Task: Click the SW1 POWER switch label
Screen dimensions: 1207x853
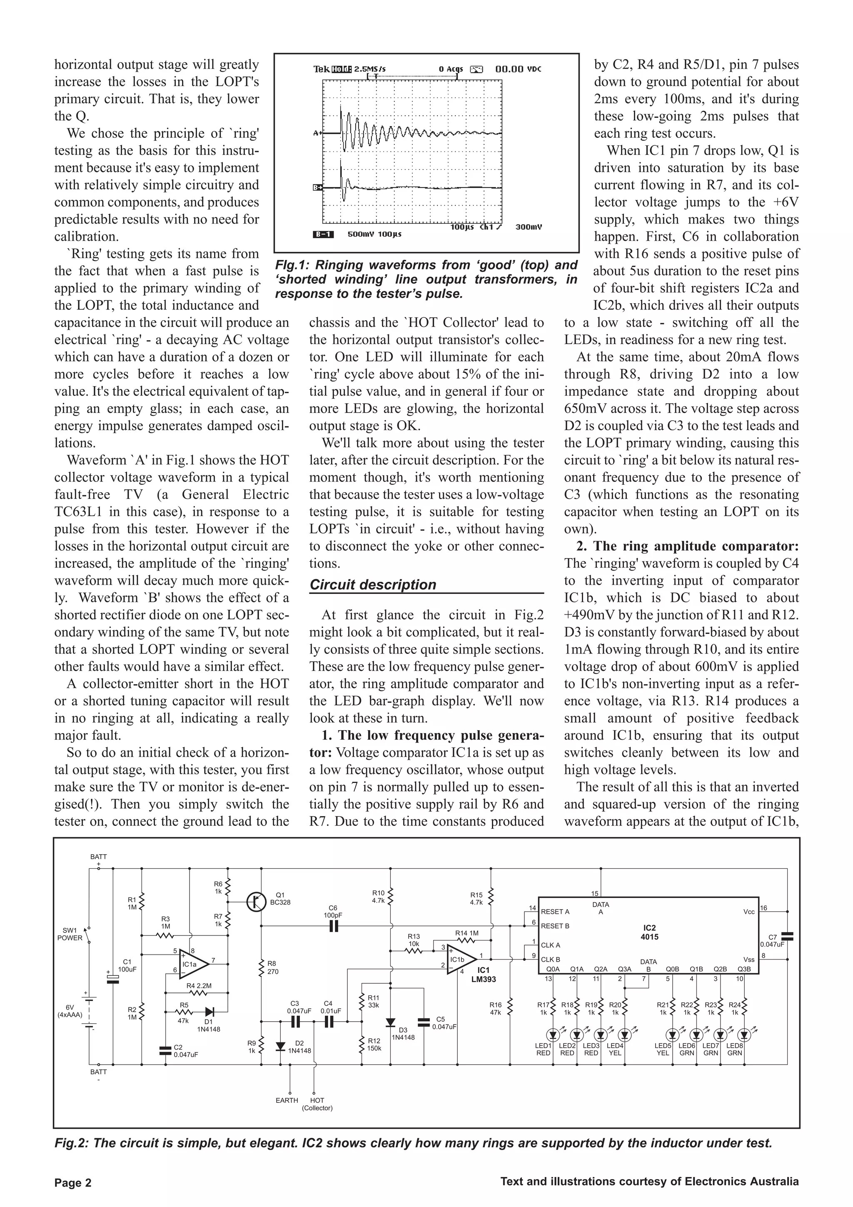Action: (x=70, y=934)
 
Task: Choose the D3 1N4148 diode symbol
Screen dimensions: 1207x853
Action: (x=390, y=1022)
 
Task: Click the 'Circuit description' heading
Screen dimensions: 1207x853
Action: (x=373, y=585)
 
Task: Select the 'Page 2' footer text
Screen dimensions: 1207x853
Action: (x=73, y=1183)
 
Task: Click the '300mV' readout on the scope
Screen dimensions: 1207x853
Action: (x=528, y=227)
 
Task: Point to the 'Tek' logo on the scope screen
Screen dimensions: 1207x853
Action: (x=322, y=69)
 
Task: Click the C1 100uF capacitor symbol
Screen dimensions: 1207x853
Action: (x=113, y=979)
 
